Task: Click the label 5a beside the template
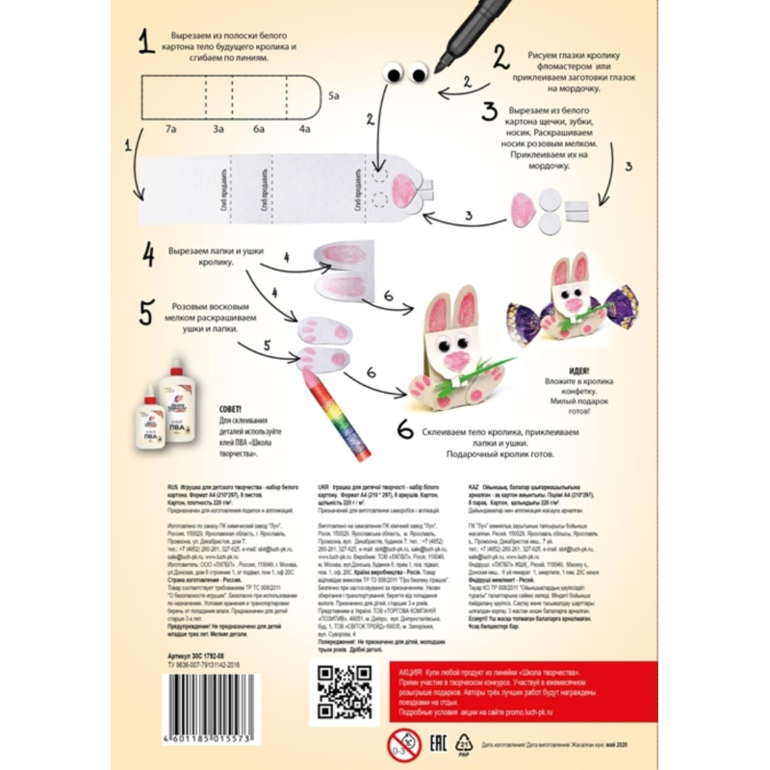coord(333,96)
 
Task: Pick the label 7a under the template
coord(169,128)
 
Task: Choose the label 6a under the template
coord(259,128)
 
